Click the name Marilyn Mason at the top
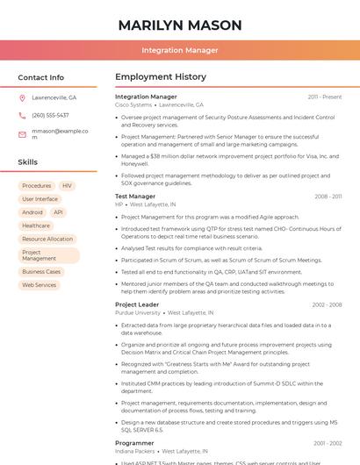tap(180, 25)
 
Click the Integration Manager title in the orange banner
tap(180, 50)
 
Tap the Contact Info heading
tap(41, 77)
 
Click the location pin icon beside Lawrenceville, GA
tap(22, 97)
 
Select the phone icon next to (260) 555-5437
tap(22, 115)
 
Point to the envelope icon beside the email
tap(22, 134)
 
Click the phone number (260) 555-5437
tap(50, 115)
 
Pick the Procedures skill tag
tap(37, 186)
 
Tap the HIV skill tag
tap(67, 186)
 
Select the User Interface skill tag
tap(40, 199)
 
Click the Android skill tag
tap(32, 212)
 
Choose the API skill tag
tap(58, 212)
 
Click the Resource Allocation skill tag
tap(47, 239)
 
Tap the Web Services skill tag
tap(40, 285)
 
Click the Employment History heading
tap(161, 77)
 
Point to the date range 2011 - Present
tap(325, 97)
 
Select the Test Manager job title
tap(135, 197)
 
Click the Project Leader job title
tap(137, 304)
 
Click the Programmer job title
tap(134, 443)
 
